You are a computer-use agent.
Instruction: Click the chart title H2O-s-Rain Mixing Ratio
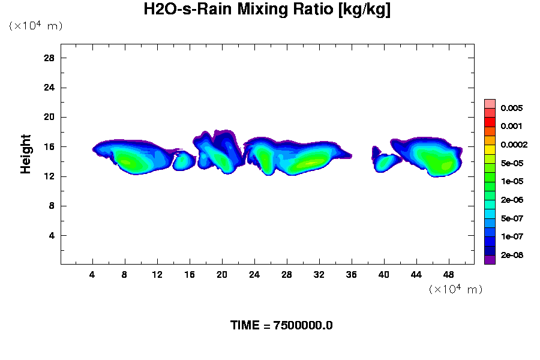tap(267, 10)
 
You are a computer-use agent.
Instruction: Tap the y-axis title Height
tap(26, 161)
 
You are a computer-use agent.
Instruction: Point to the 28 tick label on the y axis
tap(49, 58)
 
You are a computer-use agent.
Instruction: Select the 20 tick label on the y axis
tap(49, 117)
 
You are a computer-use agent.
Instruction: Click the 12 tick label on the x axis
tap(157, 274)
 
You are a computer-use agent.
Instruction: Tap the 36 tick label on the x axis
tap(352, 274)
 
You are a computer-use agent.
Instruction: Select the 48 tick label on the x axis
tap(449, 274)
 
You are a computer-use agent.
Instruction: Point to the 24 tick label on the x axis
tap(254, 274)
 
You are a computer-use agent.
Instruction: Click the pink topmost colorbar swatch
tap(490, 103)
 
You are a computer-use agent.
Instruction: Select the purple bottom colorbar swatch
tap(490, 259)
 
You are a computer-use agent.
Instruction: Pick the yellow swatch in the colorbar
tap(490, 149)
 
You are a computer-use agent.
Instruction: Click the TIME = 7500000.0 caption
tap(281, 325)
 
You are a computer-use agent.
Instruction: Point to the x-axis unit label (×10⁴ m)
tap(455, 289)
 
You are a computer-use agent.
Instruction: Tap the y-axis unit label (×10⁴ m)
tap(35, 26)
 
